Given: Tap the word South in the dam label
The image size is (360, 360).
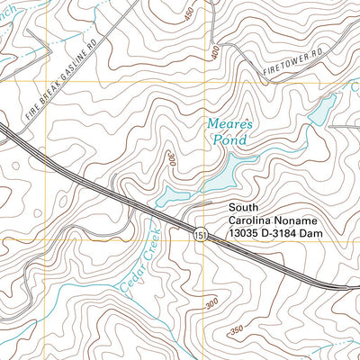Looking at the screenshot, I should [x=243, y=206].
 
